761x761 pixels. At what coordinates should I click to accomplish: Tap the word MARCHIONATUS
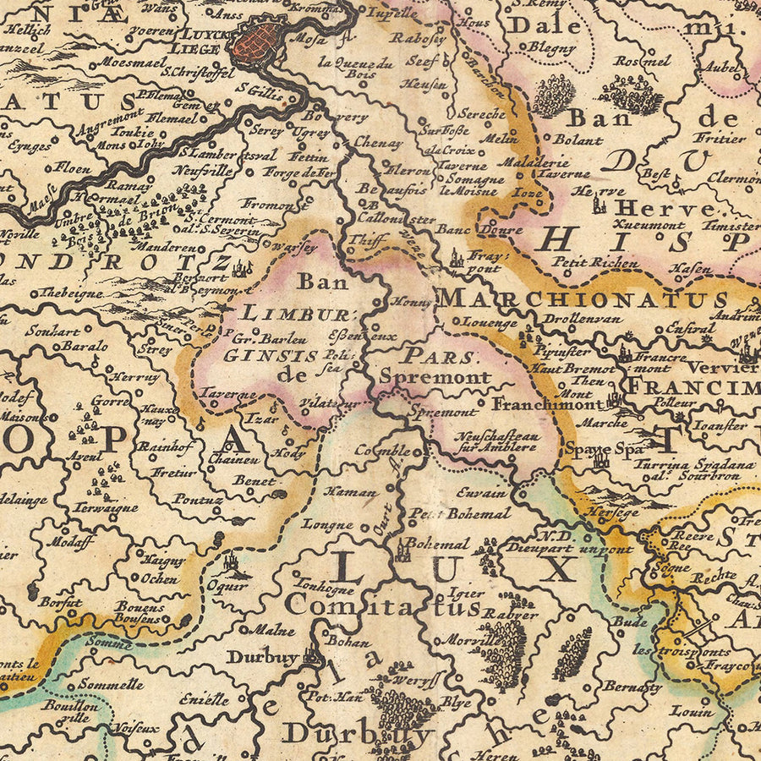click(583, 299)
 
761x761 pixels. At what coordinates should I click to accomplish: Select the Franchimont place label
click(547, 404)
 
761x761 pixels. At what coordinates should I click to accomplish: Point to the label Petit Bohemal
click(461, 513)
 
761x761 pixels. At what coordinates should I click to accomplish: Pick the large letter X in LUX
click(557, 570)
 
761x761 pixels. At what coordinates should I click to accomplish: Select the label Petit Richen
click(595, 263)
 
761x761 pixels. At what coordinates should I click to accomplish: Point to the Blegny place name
click(552, 48)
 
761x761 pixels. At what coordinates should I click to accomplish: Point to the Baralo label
click(84, 346)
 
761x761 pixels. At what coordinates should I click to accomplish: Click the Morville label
click(469, 640)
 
